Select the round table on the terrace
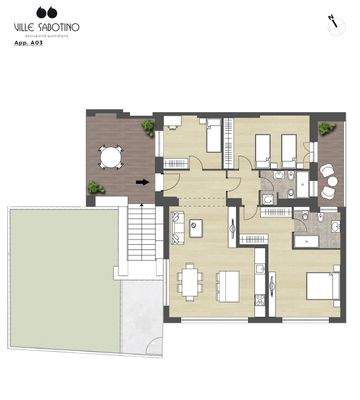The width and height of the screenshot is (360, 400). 109,157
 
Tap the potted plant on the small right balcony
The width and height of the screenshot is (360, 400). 327,127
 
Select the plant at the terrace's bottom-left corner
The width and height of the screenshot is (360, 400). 95,187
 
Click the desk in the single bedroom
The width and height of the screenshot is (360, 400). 174,124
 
